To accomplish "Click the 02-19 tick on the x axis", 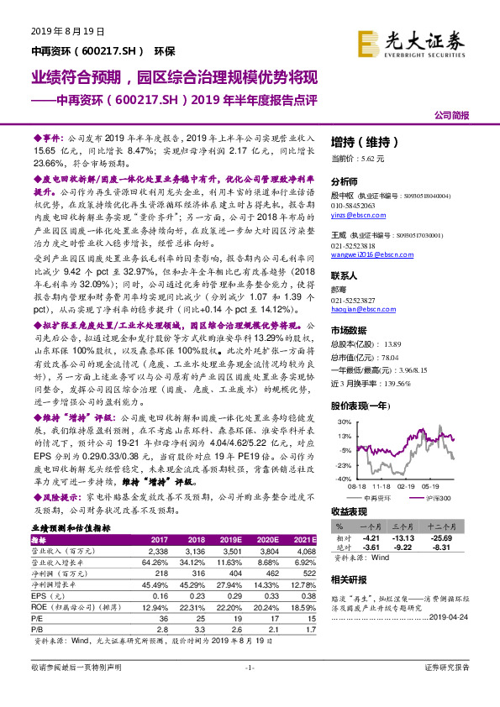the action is coord(407,485).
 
